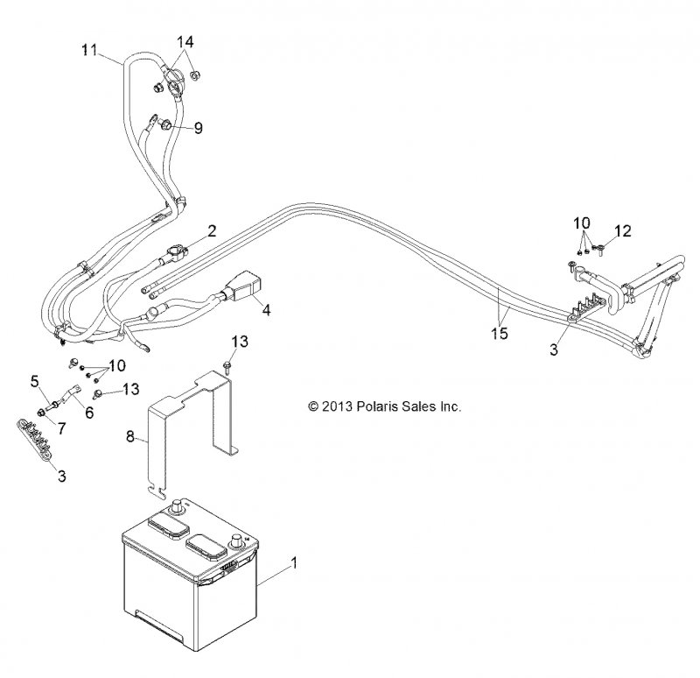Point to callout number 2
[x=211, y=231]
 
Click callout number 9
[x=199, y=128]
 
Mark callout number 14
[x=185, y=41]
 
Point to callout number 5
[x=35, y=380]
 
